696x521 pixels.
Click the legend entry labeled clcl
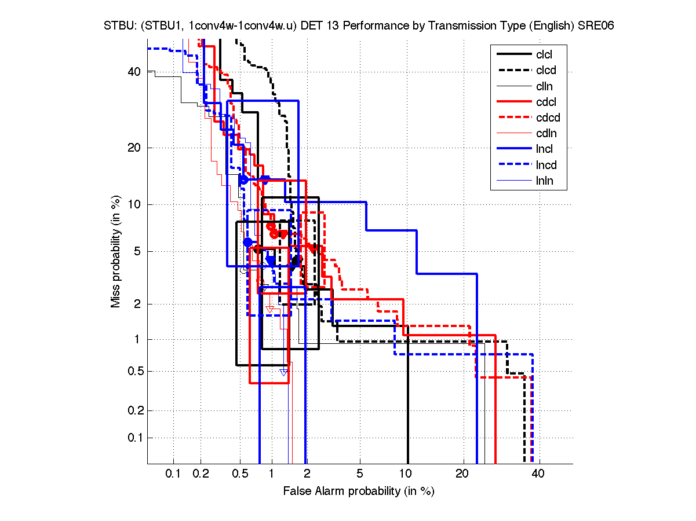pyautogui.click(x=545, y=54)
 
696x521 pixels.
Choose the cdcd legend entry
pyautogui.click(x=548, y=118)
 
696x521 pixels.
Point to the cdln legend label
pyautogui.click(x=546, y=134)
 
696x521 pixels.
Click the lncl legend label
pyautogui.click(x=545, y=149)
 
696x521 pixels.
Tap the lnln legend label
pyautogui.click(x=544, y=181)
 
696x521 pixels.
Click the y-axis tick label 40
pyautogui.click(x=134, y=72)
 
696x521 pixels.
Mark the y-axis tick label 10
pyautogui.click(x=134, y=204)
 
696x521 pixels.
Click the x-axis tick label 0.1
pyautogui.click(x=173, y=474)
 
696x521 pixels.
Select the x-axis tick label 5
pyautogui.click(x=360, y=474)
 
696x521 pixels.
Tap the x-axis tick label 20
pyautogui.click(x=462, y=474)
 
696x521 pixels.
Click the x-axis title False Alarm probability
pyautogui.click(x=358, y=491)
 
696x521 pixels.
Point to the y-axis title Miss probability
pyautogui.click(x=116, y=252)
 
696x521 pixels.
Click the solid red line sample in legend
pyautogui.click(x=513, y=102)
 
